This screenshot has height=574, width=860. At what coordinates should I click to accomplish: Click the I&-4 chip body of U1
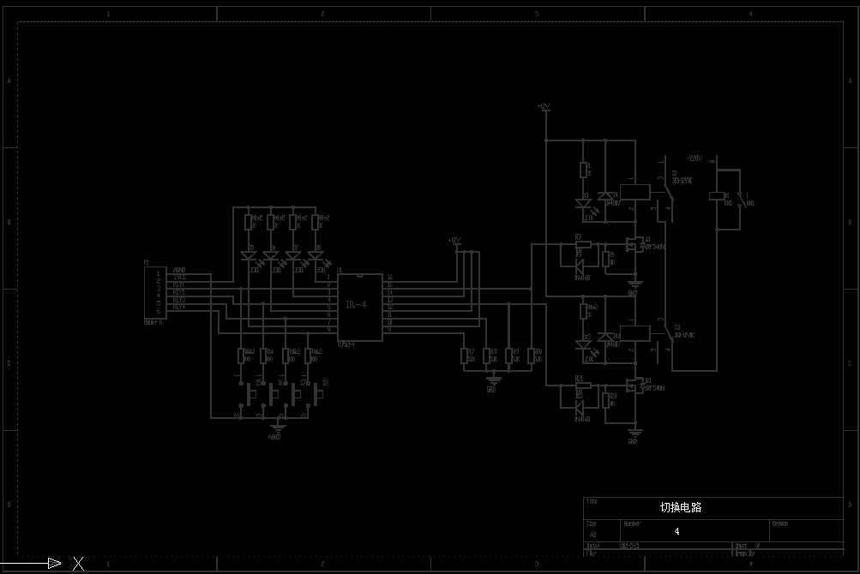click(x=359, y=306)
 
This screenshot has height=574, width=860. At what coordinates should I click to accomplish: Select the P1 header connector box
click(x=154, y=293)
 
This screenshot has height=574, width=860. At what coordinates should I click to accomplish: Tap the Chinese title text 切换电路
click(x=680, y=507)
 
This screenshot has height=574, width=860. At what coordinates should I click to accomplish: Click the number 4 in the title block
click(x=677, y=531)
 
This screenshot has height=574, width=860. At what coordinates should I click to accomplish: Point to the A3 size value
click(x=592, y=534)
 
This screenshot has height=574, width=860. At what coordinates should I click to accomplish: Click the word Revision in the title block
click(x=780, y=523)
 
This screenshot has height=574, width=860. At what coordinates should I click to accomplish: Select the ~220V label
click(x=694, y=158)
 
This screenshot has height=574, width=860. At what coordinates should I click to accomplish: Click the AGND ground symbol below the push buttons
click(x=275, y=428)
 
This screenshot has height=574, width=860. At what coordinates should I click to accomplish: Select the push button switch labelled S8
click(x=318, y=395)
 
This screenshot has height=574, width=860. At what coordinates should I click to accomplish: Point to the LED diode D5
click(x=249, y=256)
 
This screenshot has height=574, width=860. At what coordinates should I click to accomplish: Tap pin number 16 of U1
click(x=390, y=278)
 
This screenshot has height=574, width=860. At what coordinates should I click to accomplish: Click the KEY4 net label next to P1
click(x=179, y=307)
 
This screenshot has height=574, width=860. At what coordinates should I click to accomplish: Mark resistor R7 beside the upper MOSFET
click(x=583, y=244)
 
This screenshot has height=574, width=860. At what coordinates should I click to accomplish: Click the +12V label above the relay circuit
click(x=543, y=107)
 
